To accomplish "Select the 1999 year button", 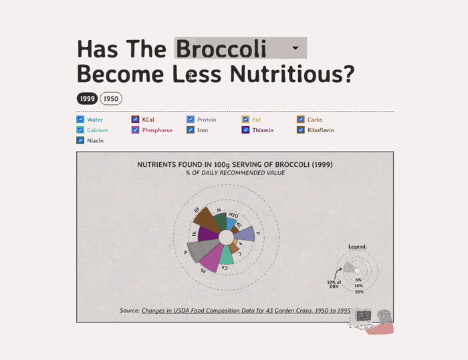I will pos(88,99).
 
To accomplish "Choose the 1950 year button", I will pos(111,99).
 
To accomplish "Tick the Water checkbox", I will pos(80,120).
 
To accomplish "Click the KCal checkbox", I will pos(136,120).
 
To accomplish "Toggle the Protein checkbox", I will pos(191,120).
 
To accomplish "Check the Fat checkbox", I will pos(246,120).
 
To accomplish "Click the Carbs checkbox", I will pos(301,120).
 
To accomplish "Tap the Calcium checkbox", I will pos(80,130).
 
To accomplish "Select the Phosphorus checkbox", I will pos(136,130).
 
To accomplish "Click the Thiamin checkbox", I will pos(246,130).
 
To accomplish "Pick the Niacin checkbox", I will pos(80,141).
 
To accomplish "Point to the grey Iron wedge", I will pos(196,250).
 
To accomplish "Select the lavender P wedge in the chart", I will pos(245,234).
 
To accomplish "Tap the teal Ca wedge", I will pos(227,254).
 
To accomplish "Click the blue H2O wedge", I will pos(231,223).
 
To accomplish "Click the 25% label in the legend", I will pos(360,292).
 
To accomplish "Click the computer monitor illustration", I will pos(364,315).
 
